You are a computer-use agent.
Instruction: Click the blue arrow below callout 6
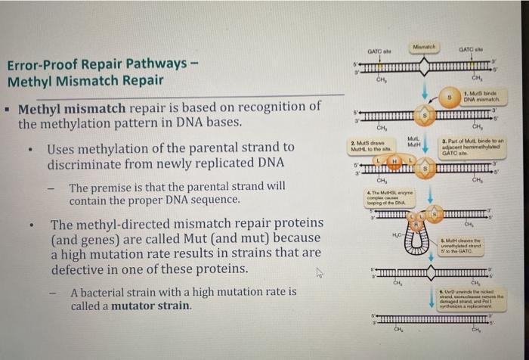(431, 306)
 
